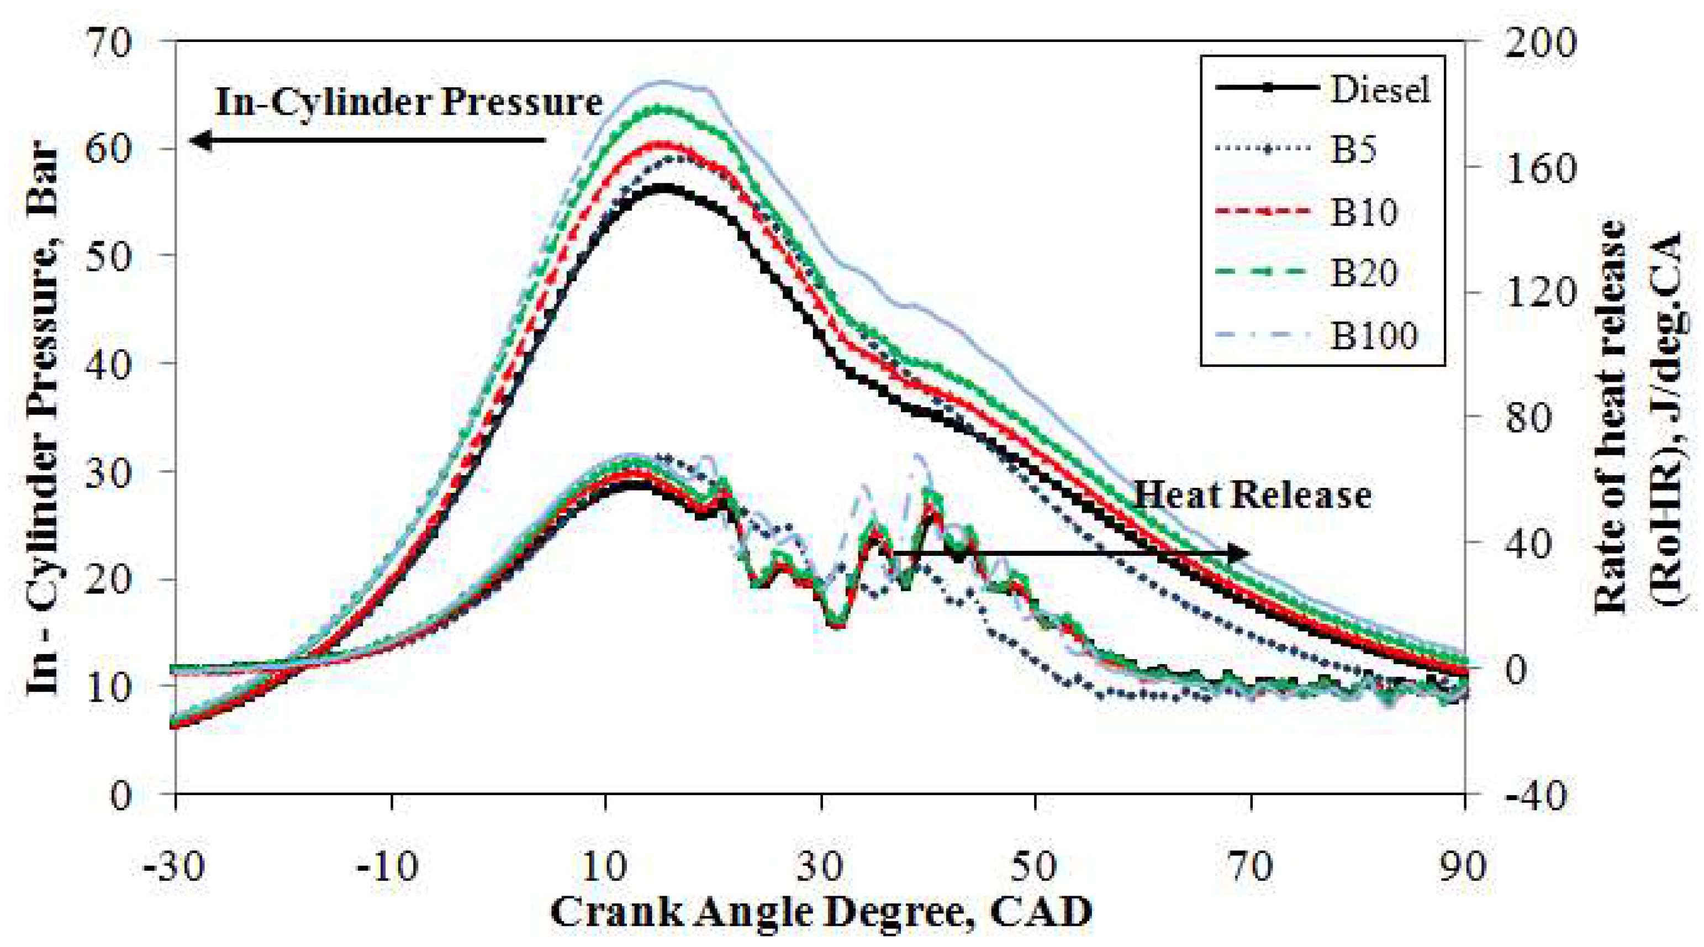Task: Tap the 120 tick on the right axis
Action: point(1537,293)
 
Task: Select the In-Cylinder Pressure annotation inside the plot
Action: point(409,103)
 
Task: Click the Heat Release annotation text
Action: point(1252,496)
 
